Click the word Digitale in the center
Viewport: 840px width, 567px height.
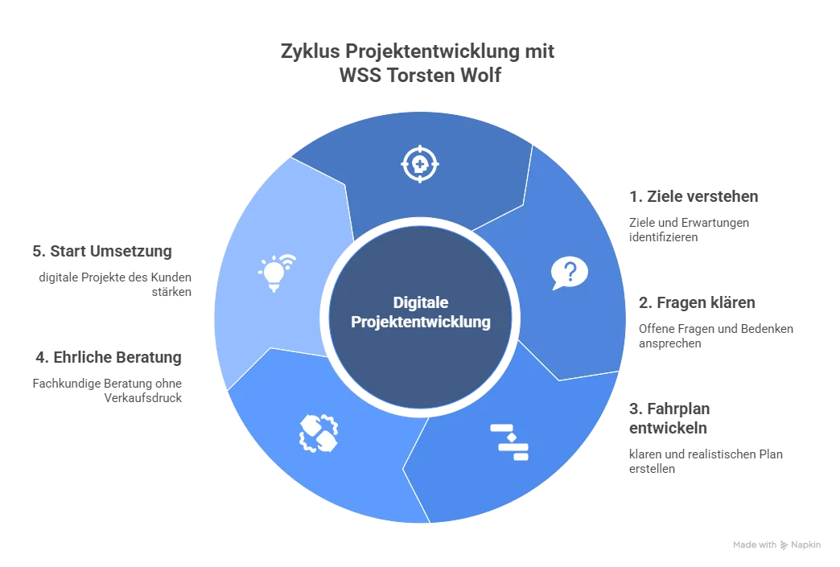420,303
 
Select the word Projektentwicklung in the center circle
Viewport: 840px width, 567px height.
420,323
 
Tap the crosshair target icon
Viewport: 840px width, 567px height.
420,165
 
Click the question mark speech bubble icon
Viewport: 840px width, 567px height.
570,273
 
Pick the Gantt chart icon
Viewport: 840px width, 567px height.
509,441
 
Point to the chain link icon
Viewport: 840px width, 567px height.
319,433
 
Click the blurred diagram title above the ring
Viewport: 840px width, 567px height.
418,62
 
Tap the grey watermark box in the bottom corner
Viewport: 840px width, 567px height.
778,546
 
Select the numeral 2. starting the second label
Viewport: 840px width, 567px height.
643,303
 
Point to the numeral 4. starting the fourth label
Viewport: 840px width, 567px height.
38,358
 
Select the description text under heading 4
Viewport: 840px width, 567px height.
109,388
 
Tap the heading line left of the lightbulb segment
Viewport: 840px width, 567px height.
103,252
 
